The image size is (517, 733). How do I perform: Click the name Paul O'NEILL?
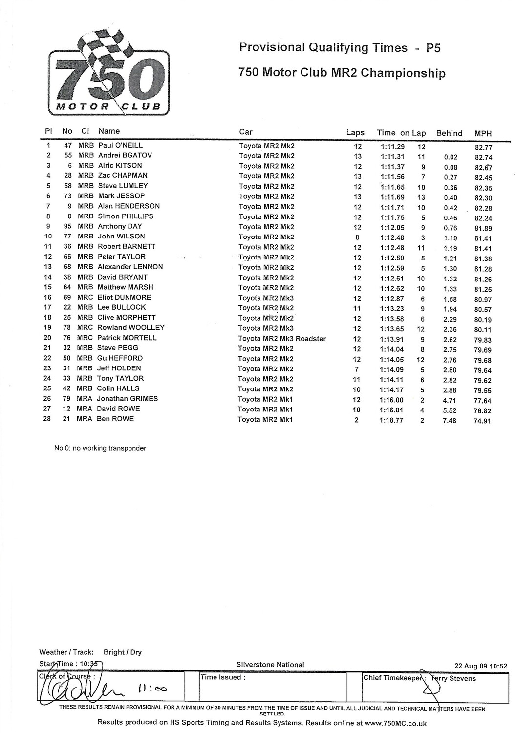point(120,145)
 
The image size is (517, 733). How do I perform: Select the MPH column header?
point(483,133)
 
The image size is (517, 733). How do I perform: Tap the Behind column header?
point(449,133)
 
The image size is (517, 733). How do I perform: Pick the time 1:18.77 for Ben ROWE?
point(391,420)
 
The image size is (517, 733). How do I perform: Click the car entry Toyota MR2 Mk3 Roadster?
point(282,339)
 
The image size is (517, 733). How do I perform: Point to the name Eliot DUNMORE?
point(124,297)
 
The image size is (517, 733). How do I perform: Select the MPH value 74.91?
point(482,421)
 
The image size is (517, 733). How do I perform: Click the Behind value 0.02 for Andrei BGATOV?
point(451,157)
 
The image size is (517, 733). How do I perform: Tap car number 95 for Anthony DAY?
point(67,226)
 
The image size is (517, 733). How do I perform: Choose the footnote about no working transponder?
point(100,448)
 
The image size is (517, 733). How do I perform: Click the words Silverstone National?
point(270,665)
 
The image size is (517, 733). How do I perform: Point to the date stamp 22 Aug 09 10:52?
point(480,666)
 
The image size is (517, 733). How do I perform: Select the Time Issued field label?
point(221,677)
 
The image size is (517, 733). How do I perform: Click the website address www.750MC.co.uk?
point(396,723)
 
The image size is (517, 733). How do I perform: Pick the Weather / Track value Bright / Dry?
point(122,652)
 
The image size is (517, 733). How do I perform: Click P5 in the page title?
point(433,47)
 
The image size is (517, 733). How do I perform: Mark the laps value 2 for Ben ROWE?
point(357,420)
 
